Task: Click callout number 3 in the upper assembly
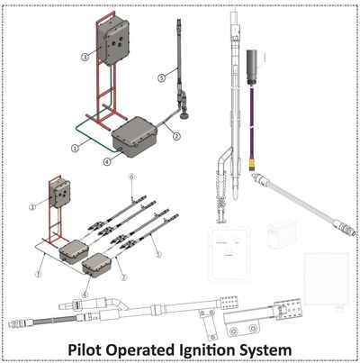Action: [85, 56]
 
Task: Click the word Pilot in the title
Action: [99, 347]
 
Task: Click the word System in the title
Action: [287, 347]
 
